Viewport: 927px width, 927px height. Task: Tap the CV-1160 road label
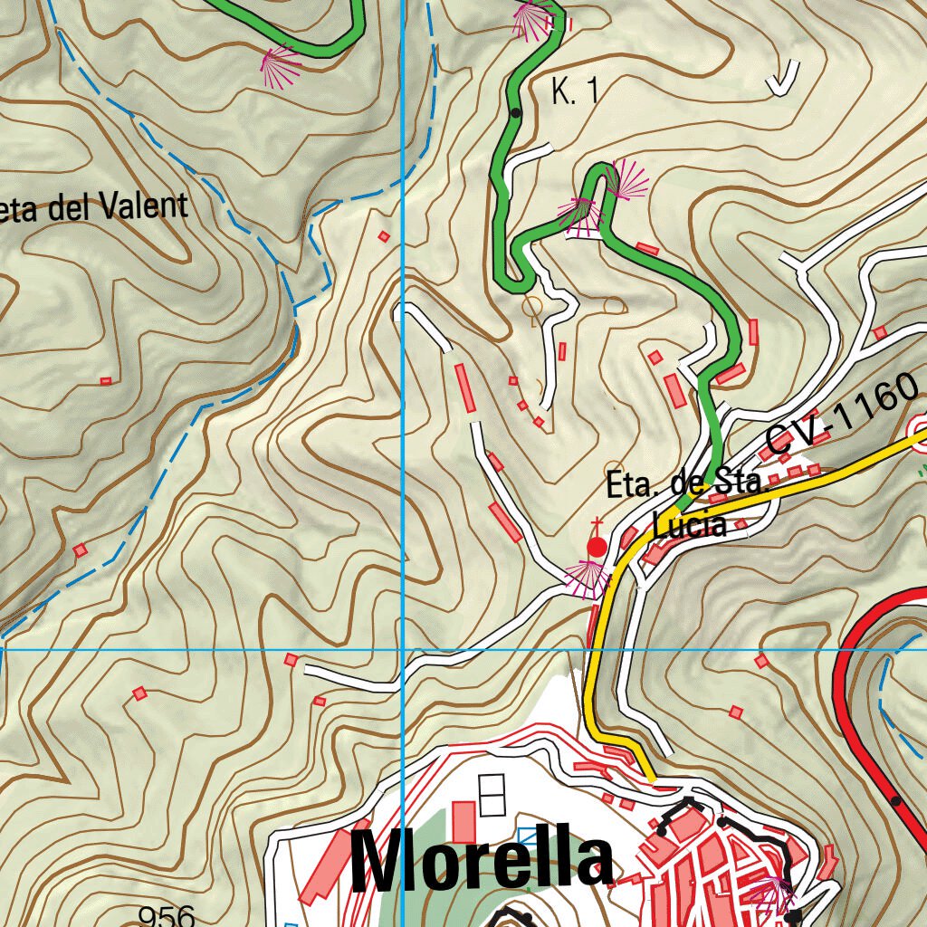(841, 416)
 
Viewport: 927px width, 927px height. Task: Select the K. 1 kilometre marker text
(575, 91)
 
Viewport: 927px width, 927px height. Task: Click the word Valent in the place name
(144, 207)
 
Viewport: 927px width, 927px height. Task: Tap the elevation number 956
(167, 916)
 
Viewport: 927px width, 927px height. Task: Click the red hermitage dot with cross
(597, 546)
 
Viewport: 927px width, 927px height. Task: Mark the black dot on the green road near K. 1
(515, 113)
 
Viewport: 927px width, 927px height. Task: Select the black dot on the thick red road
(895, 800)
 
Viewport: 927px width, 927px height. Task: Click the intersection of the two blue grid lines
(402, 650)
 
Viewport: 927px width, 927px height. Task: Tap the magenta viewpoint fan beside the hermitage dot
(585, 578)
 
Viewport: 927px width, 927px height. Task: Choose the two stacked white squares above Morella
(493, 795)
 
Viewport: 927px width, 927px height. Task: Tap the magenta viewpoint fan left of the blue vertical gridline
(281, 65)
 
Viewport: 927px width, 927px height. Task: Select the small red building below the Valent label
(106, 381)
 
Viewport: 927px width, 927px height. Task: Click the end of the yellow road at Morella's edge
(650, 777)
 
